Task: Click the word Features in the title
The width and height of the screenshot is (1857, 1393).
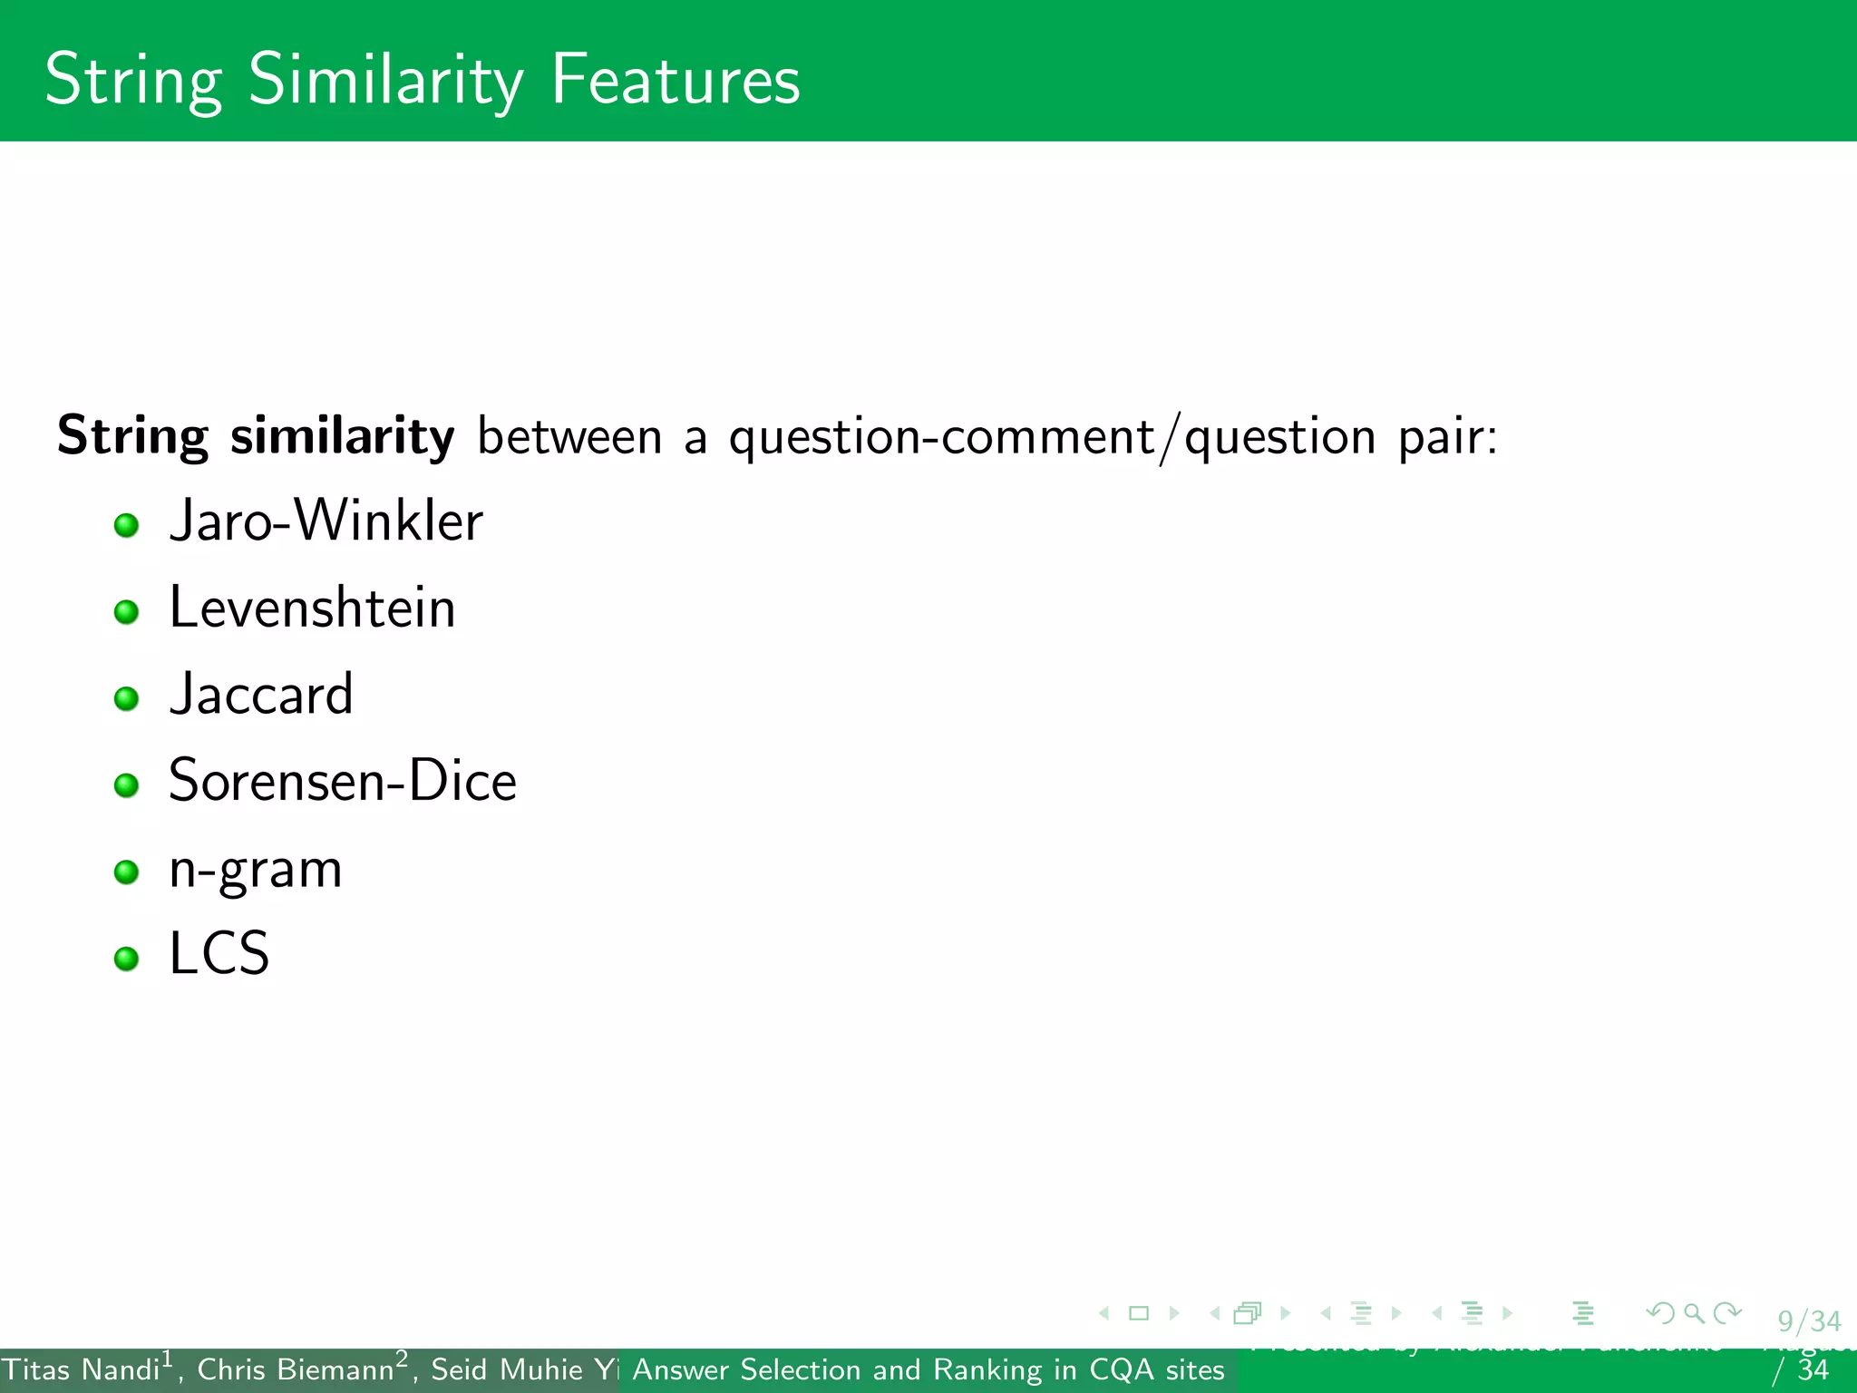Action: [676, 80]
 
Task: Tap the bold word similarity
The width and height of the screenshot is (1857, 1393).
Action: [342, 436]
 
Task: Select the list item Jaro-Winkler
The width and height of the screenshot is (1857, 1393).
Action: [326, 521]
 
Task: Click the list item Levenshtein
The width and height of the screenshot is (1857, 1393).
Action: [312, 608]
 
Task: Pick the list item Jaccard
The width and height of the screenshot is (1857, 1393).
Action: [261, 695]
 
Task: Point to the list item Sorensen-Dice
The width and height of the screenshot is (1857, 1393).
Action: [343, 781]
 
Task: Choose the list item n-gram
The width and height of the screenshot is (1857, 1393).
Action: [256, 869]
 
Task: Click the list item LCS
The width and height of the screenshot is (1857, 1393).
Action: [219, 954]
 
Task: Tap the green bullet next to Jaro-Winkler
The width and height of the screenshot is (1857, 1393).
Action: [126, 525]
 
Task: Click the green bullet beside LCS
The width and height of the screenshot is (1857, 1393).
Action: [126, 959]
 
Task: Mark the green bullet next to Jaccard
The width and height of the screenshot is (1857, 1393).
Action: [126, 698]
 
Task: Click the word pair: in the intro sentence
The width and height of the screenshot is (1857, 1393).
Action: [1447, 438]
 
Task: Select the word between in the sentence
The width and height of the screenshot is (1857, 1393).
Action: [569, 436]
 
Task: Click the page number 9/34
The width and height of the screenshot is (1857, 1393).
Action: [1808, 1320]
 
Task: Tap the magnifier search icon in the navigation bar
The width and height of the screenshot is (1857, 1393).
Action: [1693, 1312]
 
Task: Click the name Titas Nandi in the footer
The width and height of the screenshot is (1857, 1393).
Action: [81, 1369]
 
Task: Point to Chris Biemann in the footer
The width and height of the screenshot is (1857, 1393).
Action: [296, 1369]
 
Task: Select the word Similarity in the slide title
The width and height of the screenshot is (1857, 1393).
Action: [385, 80]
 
